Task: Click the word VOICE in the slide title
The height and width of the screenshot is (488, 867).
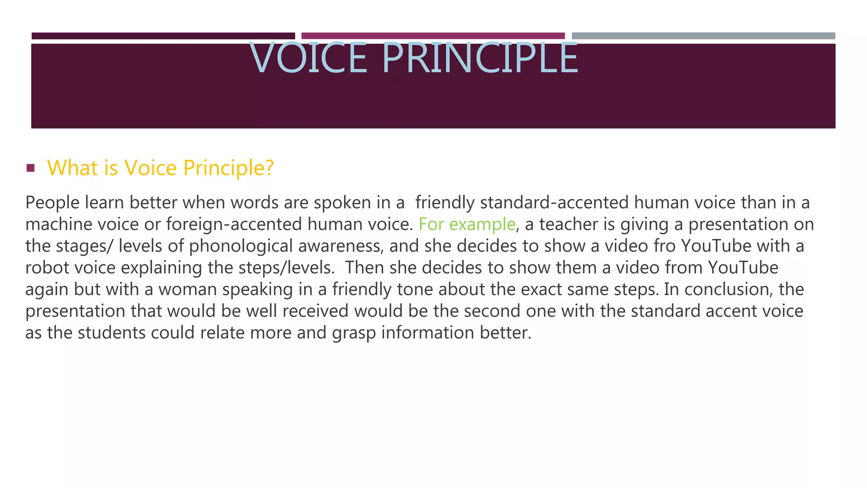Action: point(308,58)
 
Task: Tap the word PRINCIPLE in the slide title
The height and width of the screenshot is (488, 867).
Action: point(480,58)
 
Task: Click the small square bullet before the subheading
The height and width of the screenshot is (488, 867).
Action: point(30,168)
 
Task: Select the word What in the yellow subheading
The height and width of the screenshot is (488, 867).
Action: point(72,168)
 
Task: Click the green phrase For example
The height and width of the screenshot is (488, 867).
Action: point(467,224)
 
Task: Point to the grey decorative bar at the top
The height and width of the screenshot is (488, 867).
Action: point(703,36)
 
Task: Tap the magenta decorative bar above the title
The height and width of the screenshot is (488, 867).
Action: point(433,36)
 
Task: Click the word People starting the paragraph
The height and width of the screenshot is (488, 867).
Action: point(52,202)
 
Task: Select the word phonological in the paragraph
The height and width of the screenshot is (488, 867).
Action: point(241,246)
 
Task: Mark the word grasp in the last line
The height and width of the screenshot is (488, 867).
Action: point(354,333)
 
